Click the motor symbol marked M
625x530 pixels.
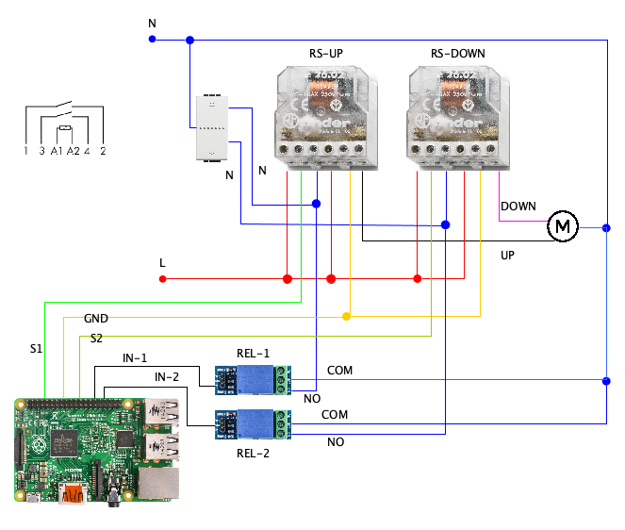tap(563, 225)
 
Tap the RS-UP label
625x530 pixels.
tap(326, 54)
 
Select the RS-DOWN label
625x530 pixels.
tap(457, 54)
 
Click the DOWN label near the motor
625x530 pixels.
tap(518, 207)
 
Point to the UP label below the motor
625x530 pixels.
tap(507, 255)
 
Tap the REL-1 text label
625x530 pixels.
tap(254, 354)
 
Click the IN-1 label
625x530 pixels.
tap(135, 358)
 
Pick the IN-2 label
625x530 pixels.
tap(168, 377)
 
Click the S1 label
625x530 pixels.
tap(36, 350)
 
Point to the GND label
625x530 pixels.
tap(96, 319)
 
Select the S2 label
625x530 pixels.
tap(97, 338)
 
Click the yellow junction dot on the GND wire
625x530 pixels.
tap(346, 316)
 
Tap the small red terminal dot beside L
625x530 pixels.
tap(162, 279)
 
